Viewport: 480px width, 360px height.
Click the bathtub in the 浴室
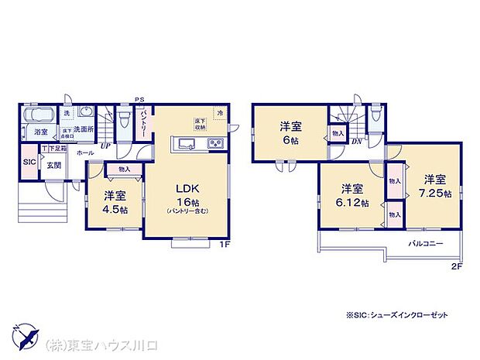(x=37, y=117)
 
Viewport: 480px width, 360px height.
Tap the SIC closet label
(x=29, y=162)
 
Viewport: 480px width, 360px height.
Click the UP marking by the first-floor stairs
(x=105, y=145)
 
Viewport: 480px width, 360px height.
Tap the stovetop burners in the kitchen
(x=214, y=143)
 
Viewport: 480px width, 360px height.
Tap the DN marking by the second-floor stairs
(x=357, y=142)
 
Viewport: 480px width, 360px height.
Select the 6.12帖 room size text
(x=352, y=204)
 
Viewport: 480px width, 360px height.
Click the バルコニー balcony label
(x=426, y=243)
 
